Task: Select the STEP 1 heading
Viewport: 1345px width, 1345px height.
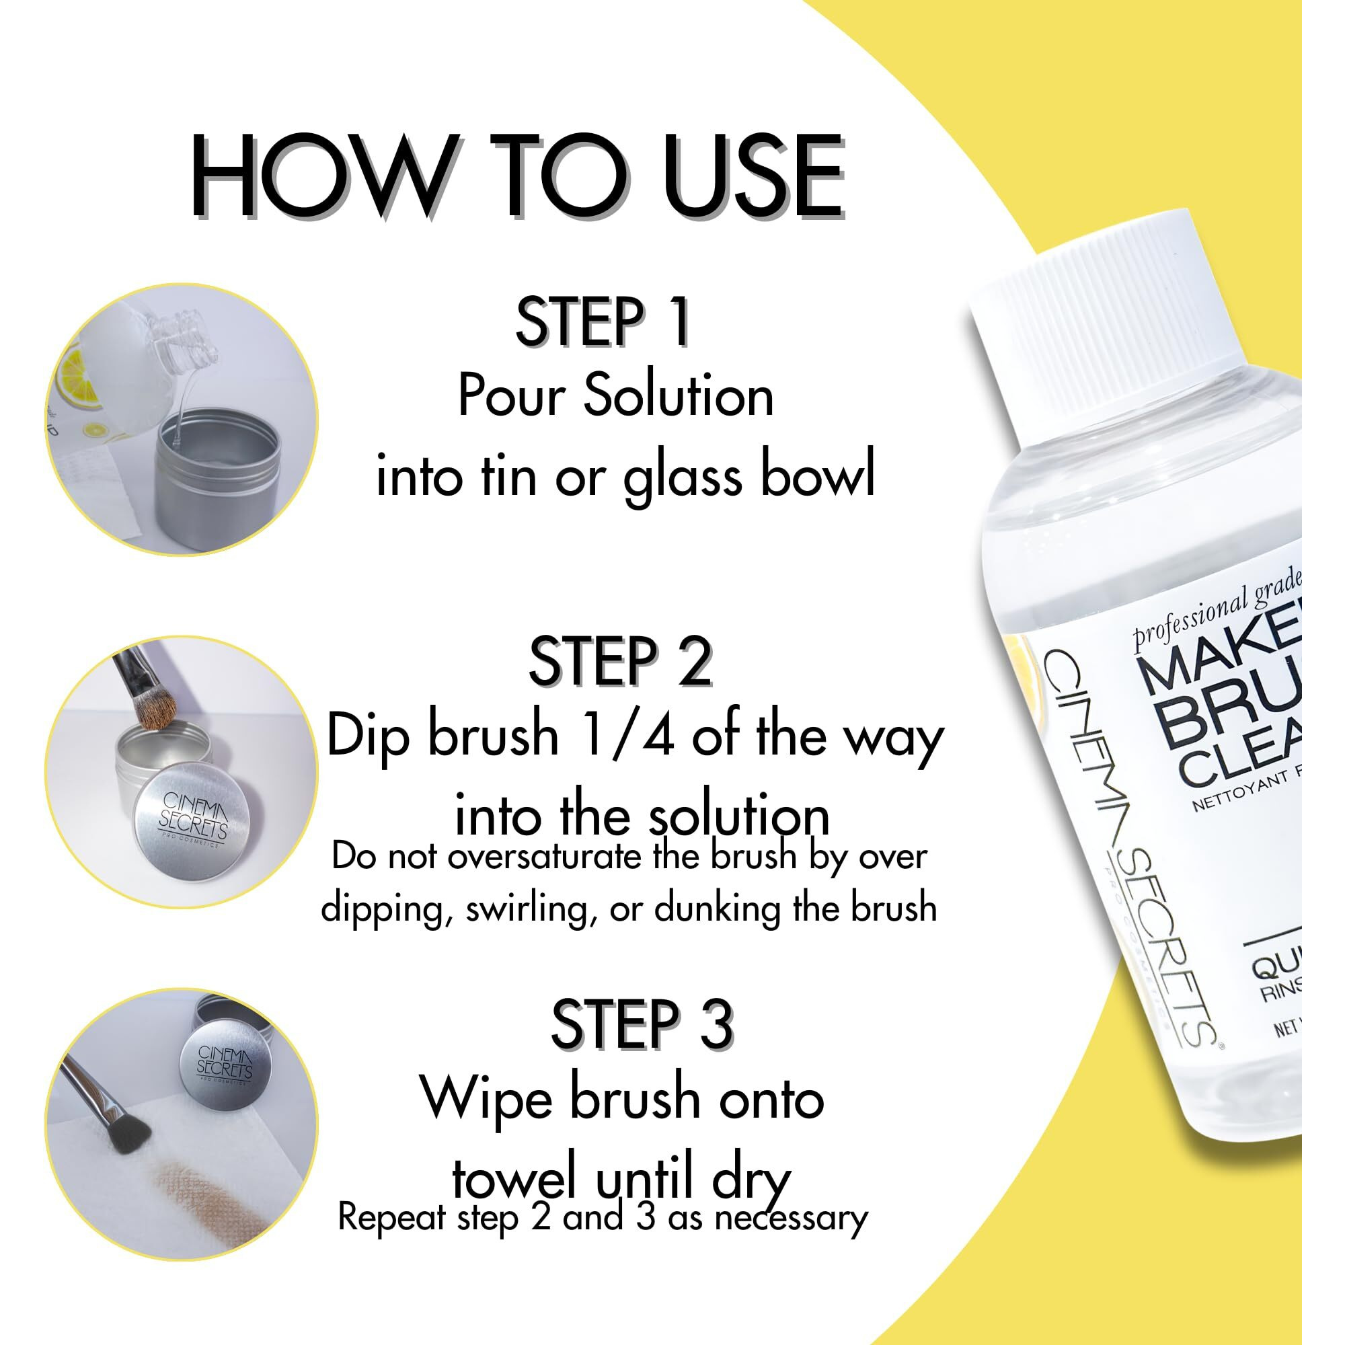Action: pyautogui.click(x=602, y=321)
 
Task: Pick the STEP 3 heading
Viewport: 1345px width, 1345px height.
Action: pyautogui.click(x=642, y=1024)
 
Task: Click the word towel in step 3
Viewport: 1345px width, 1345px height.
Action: pyautogui.click(x=516, y=1178)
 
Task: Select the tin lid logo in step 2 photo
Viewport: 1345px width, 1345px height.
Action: pyautogui.click(x=193, y=816)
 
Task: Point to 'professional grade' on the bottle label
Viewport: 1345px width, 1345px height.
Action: pyautogui.click(x=1215, y=609)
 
